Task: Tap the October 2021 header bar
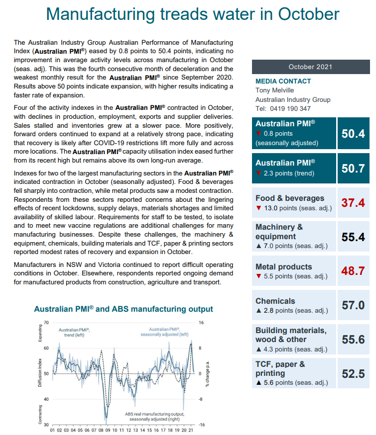tap(310, 67)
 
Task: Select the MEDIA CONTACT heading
tap(283, 81)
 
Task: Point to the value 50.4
tap(353, 133)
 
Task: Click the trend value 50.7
tap(353, 168)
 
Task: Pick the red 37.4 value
tap(353, 202)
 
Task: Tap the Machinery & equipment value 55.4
tap(353, 237)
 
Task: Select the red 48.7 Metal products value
tap(353, 271)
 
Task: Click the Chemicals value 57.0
tap(353, 305)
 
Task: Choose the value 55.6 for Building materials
tap(353, 340)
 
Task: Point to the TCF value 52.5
tap(353, 374)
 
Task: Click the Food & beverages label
tap(290, 198)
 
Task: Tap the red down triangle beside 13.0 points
tap(258, 208)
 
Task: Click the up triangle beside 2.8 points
tap(258, 311)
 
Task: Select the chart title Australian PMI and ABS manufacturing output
tap(123, 309)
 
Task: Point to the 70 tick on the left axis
tap(46, 323)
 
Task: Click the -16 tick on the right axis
tap(201, 425)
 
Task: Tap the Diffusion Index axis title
tap(40, 373)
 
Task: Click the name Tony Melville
tap(274, 90)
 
